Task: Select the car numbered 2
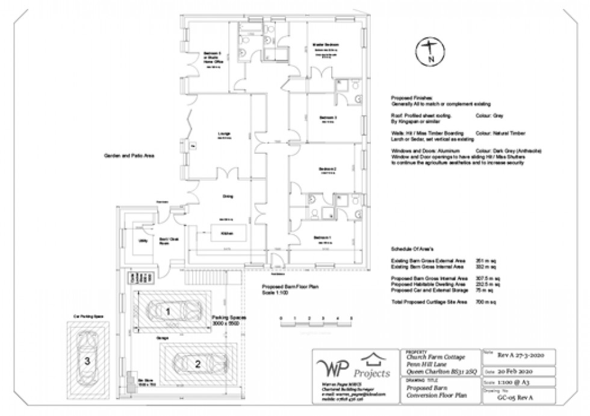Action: click(197, 363)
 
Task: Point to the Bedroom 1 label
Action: click(322, 238)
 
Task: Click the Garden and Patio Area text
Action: click(129, 156)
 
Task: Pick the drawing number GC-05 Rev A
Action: click(518, 399)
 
